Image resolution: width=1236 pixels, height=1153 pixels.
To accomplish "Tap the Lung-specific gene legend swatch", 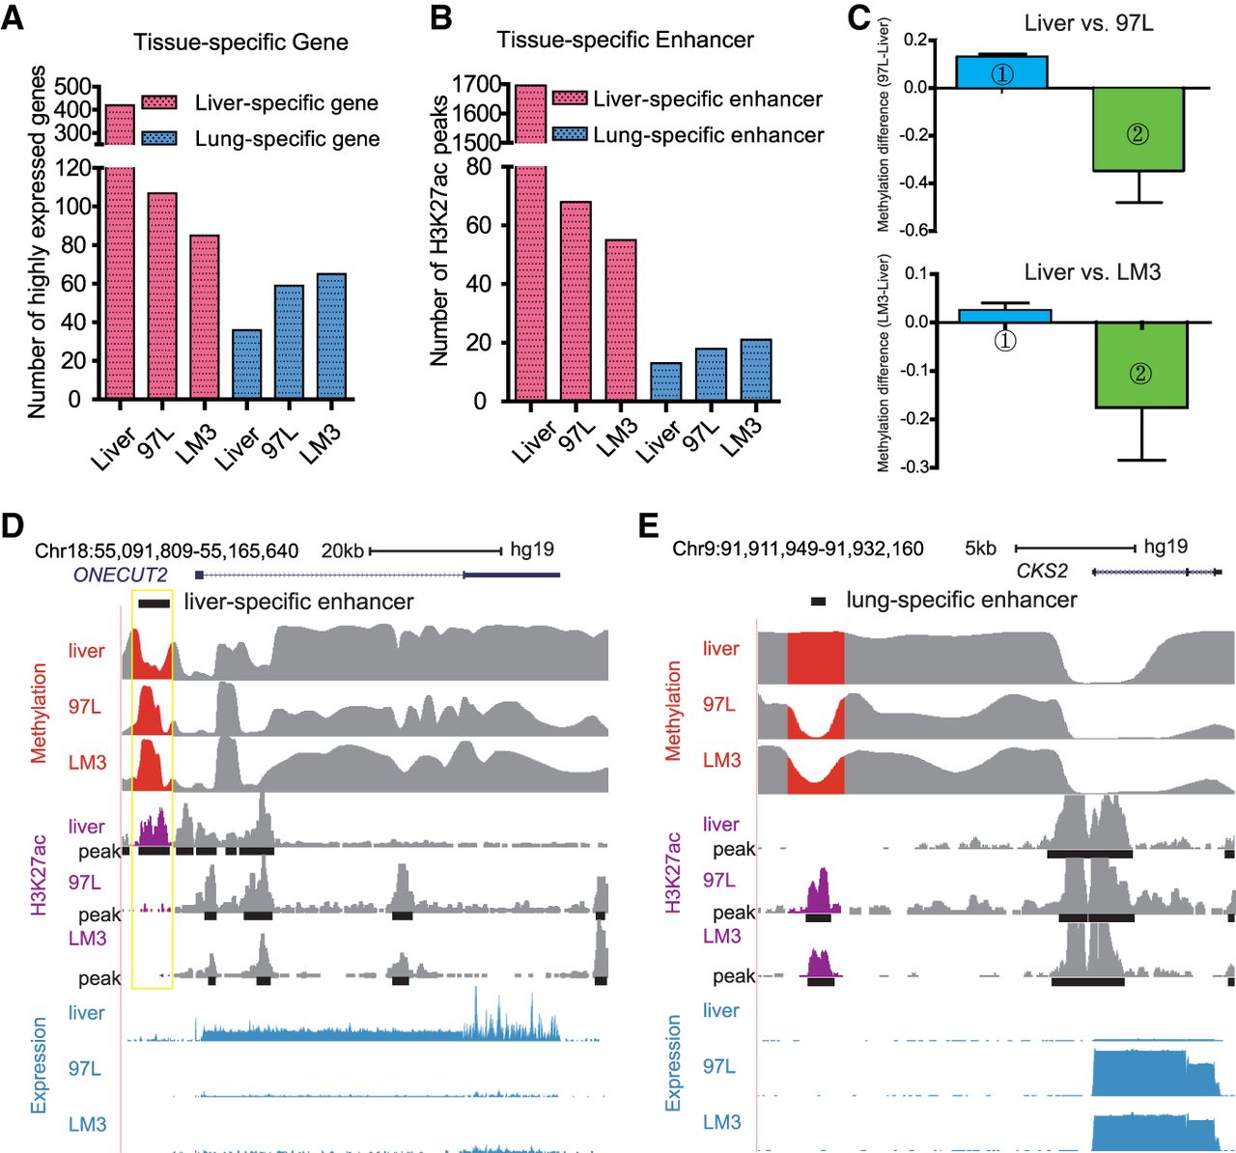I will tap(159, 138).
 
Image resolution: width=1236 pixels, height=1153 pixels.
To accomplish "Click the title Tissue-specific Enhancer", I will tap(625, 40).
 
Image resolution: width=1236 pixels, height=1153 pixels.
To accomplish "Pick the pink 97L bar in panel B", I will tap(576, 300).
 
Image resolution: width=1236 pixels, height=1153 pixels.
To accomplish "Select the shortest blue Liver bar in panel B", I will tap(666, 381).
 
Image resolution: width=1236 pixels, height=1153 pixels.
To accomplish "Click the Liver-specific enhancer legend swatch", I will tap(570, 98).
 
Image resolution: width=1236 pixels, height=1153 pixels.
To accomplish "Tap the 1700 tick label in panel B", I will tap(476, 84).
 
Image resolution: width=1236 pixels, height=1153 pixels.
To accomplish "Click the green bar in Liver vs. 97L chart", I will tap(1138, 129).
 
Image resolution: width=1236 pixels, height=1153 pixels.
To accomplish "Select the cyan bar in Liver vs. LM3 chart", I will tap(1005, 316).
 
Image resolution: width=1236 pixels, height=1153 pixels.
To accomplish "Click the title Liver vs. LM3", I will tap(1092, 272).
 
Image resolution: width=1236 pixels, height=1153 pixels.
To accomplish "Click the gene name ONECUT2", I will tap(120, 575).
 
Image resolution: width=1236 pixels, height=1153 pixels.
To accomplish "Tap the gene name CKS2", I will tap(1042, 572).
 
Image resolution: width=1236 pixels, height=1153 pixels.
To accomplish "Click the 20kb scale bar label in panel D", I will tap(342, 550).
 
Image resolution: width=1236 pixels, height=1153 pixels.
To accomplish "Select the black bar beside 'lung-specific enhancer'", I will tap(818, 602).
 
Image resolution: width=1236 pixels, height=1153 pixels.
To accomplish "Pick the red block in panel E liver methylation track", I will tap(816, 658).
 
